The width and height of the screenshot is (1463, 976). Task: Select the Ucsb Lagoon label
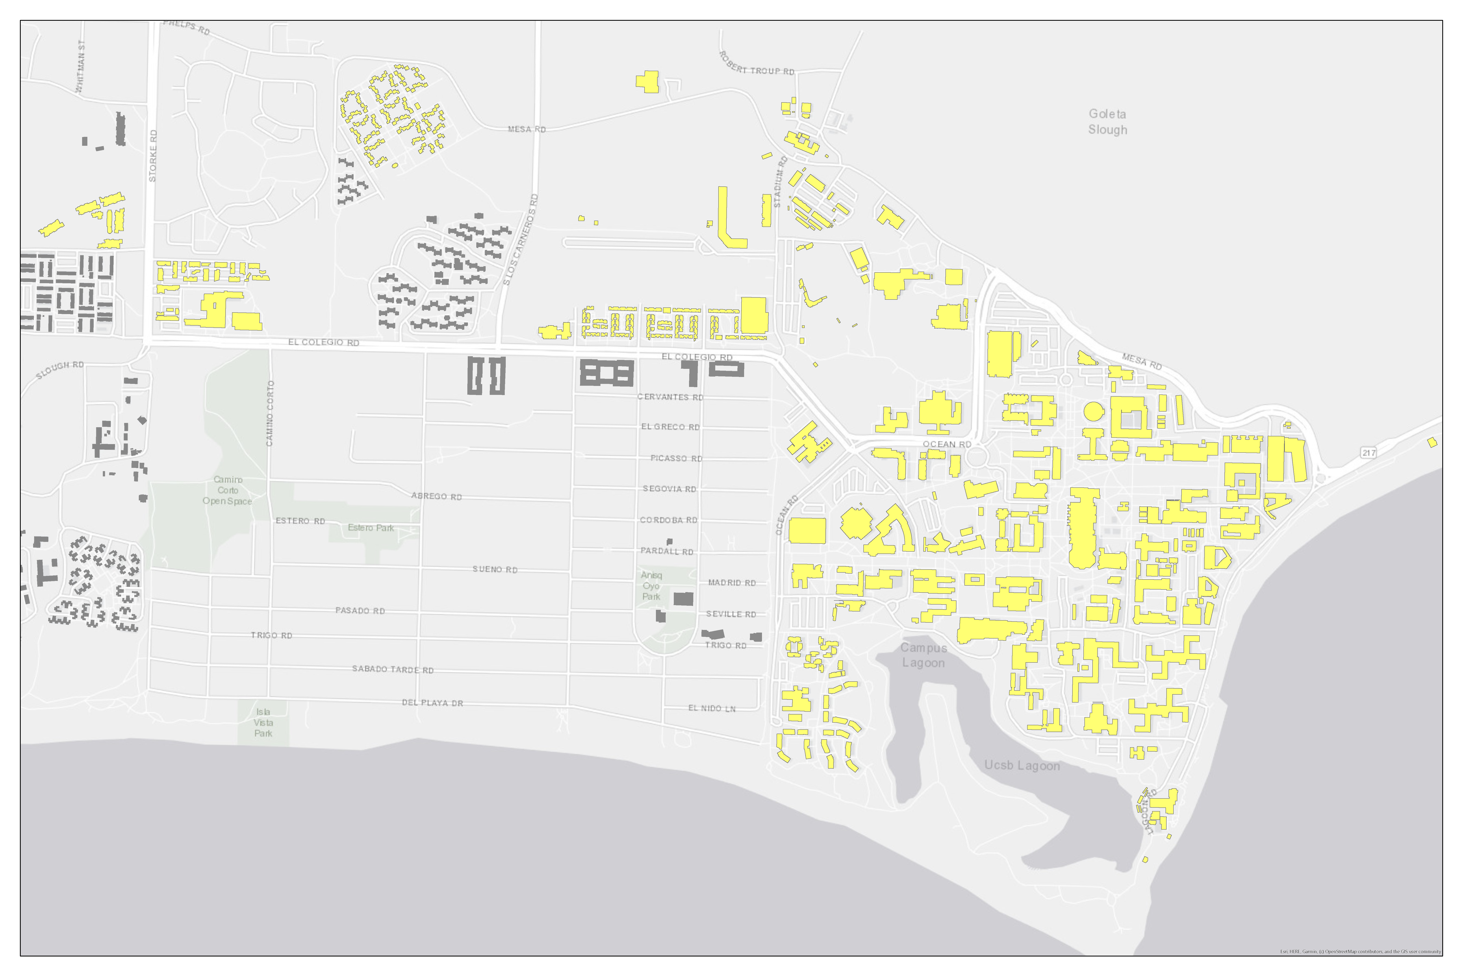tap(1022, 766)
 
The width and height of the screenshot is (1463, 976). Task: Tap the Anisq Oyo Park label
tap(651, 586)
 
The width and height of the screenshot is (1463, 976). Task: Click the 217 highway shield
tap(1369, 453)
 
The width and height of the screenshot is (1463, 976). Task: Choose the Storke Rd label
tap(153, 156)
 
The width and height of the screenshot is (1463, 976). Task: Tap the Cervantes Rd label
tap(671, 397)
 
